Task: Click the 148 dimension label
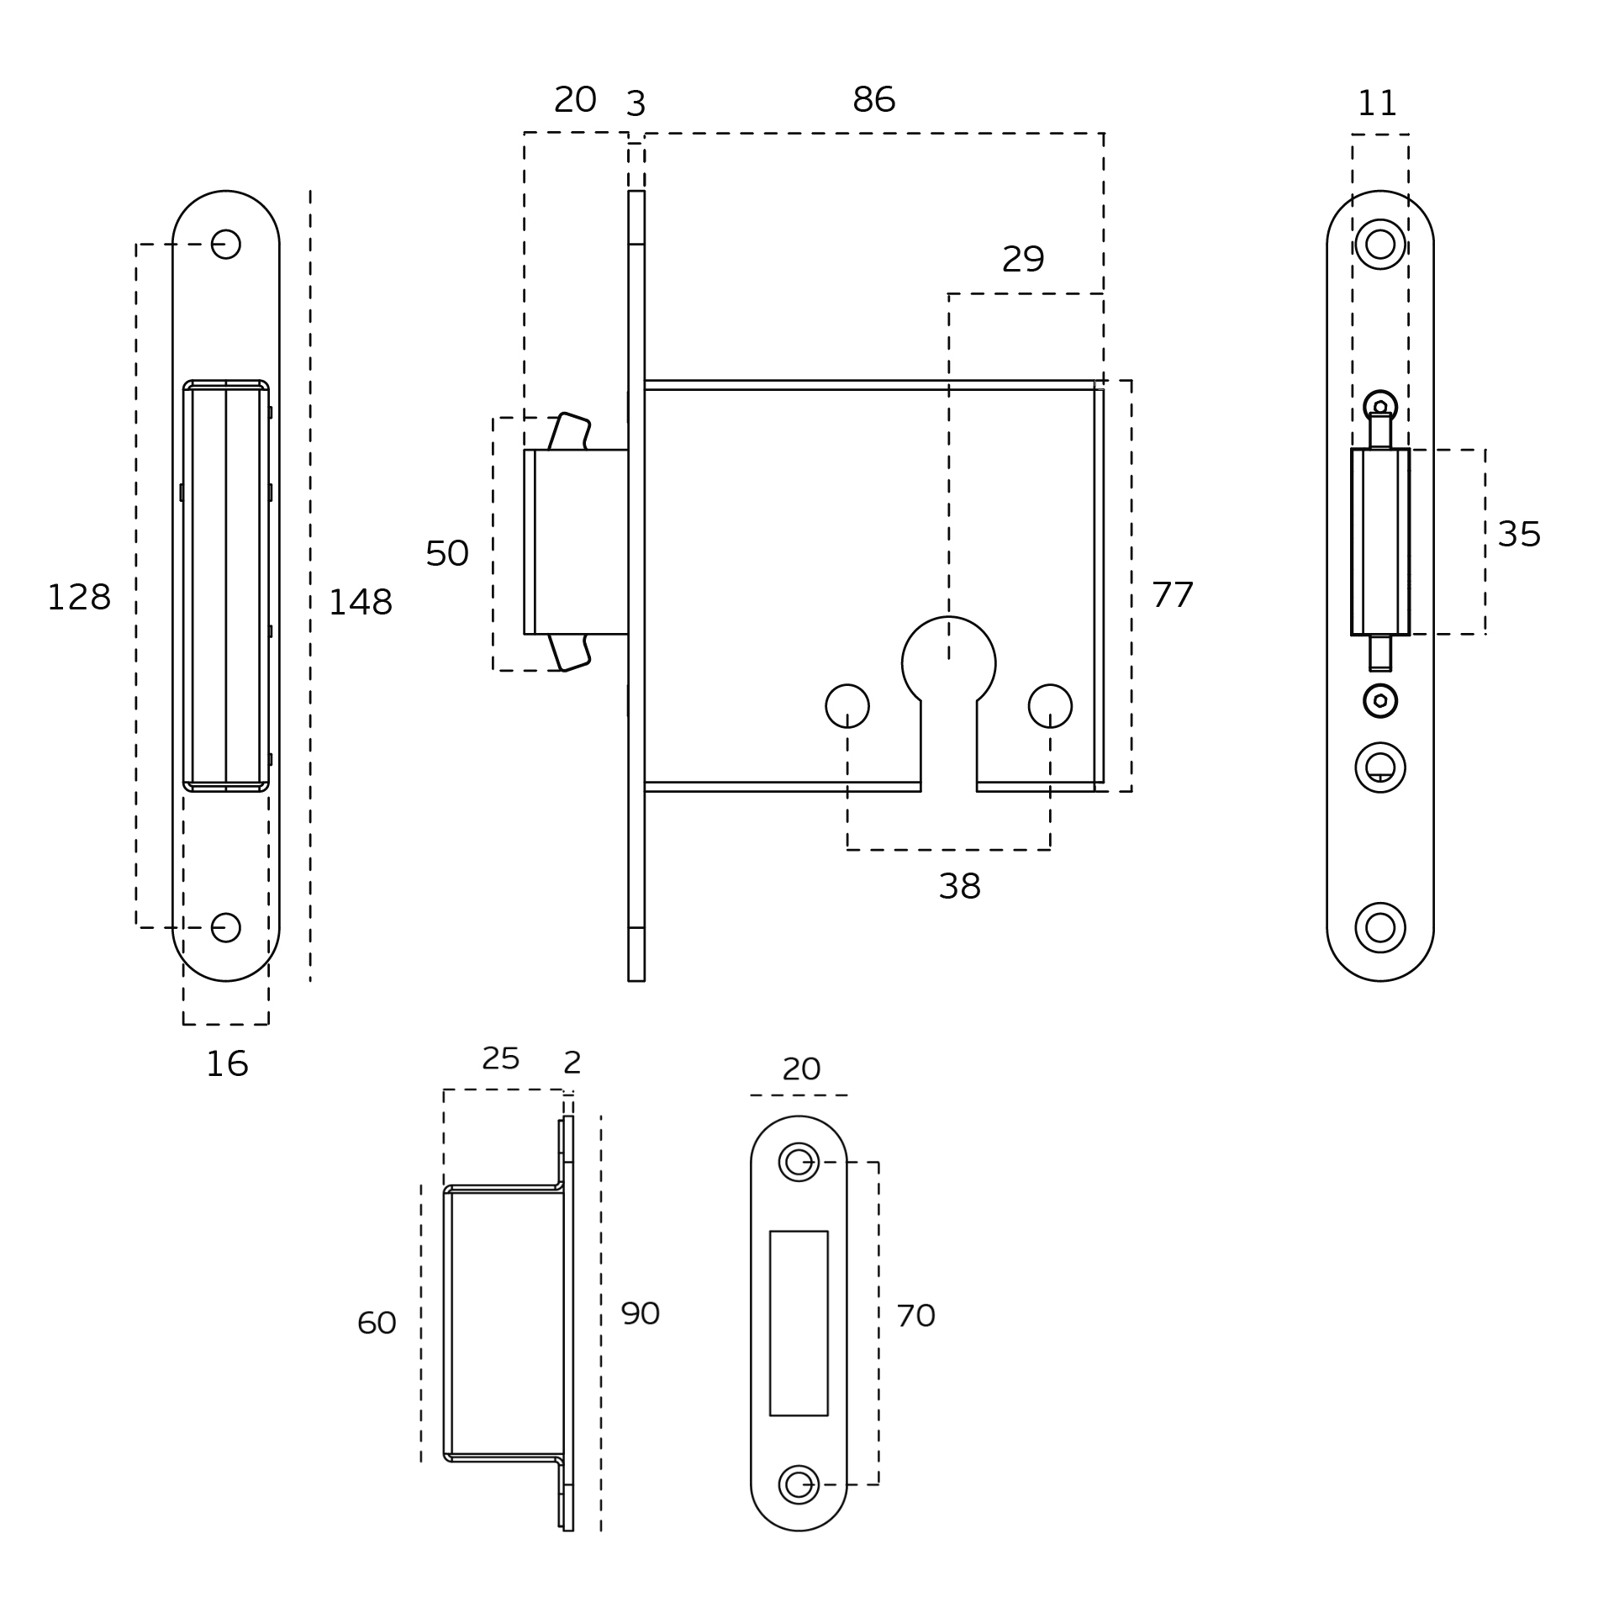click(x=360, y=603)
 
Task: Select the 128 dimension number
click(x=78, y=598)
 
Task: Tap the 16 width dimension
click(x=227, y=1064)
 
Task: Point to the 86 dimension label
click(x=873, y=100)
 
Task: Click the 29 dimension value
click(x=1022, y=260)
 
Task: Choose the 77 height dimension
click(x=1172, y=595)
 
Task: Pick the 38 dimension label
click(x=959, y=886)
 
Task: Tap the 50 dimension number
click(x=446, y=553)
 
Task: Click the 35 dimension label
click(x=1518, y=535)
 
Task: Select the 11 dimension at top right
click(x=1377, y=104)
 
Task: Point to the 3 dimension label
click(x=636, y=104)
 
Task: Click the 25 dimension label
click(x=500, y=1058)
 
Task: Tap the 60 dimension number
click(x=376, y=1323)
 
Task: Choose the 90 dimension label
click(x=640, y=1313)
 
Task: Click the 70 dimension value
click(x=915, y=1316)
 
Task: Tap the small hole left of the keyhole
click(x=847, y=705)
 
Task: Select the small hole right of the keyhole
click(x=1050, y=705)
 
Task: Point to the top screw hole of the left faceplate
click(x=225, y=245)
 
